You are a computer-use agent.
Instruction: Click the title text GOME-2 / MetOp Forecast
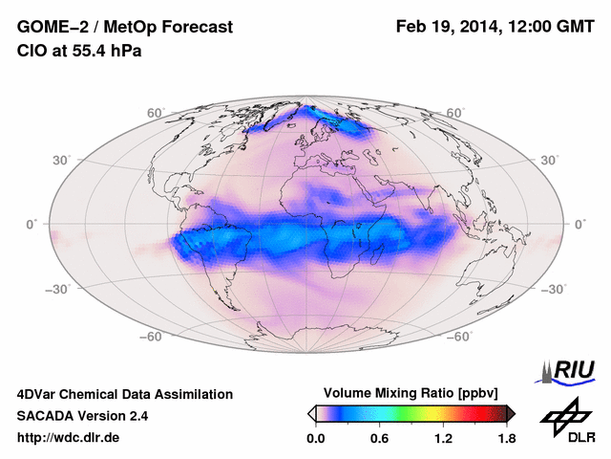pyautogui.click(x=124, y=28)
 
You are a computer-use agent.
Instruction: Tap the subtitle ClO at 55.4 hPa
pyautogui.click(x=79, y=51)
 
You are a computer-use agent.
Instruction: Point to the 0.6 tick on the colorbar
pyautogui.click(x=379, y=439)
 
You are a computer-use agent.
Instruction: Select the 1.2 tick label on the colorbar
pyautogui.click(x=442, y=439)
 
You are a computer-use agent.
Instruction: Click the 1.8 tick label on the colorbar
pyautogui.click(x=506, y=439)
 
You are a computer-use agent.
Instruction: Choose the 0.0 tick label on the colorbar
pyautogui.click(x=316, y=439)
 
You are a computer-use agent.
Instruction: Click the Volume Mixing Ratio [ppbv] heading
pyautogui.click(x=411, y=393)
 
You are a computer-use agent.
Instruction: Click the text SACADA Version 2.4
pyautogui.click(x=82, y=416)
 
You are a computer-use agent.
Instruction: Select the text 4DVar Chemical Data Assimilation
pyautogui.click(x=124, y=394)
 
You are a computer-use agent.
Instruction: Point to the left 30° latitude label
pyautogui.click(x=62, y=160)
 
